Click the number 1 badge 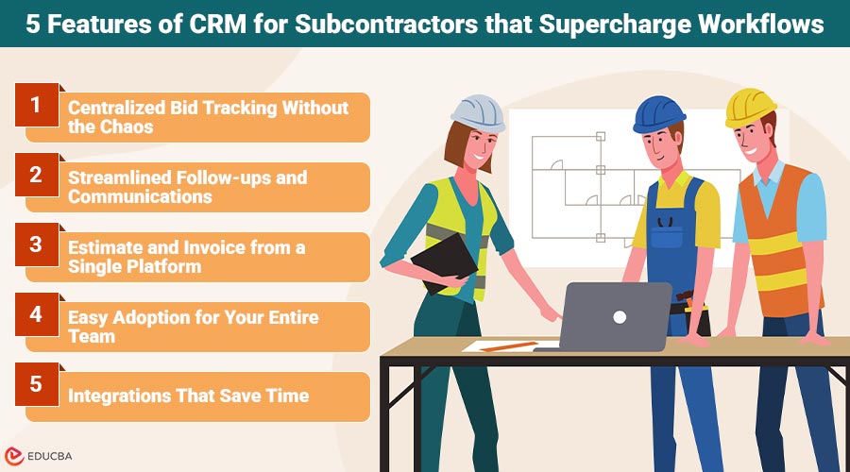click(36, 107)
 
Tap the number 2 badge click(36, 175)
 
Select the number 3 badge click(36, 244)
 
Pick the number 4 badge click(36, 314)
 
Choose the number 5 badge click(36, 384)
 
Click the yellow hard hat click(750, 108)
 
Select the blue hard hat click(658, 112)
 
